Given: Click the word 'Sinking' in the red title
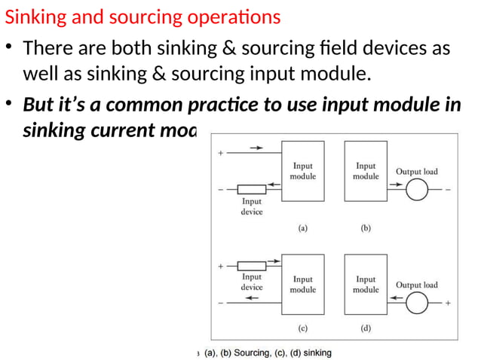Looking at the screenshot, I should coord(32,17).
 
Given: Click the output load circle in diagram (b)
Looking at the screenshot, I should coord(416,190).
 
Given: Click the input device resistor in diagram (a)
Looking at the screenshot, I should coord(251,189).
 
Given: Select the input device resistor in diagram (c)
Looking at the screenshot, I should coord(251,266).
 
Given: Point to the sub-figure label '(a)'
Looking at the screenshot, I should coord(302,229).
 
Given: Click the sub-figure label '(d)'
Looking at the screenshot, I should coord(366,328).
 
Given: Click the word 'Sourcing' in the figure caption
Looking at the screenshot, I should coord(253,352).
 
